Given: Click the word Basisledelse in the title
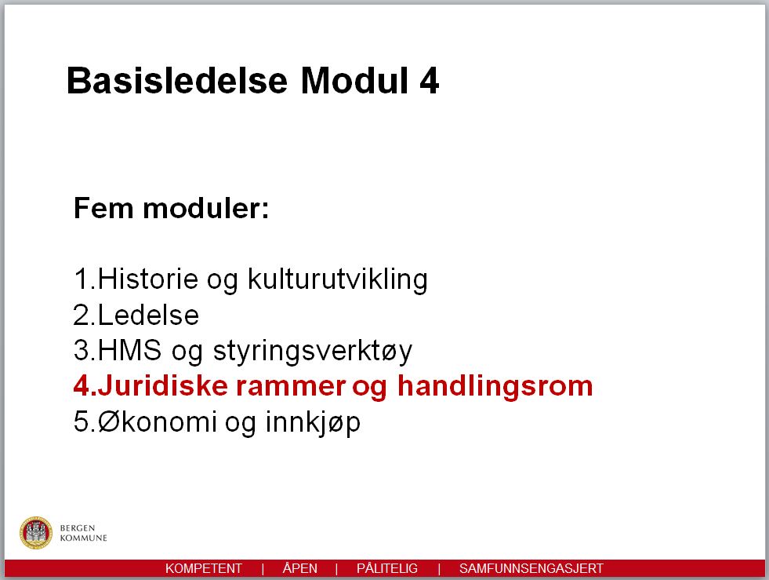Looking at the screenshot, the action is [x=176, y=80].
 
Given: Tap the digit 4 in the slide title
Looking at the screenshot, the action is [x=429, y=81].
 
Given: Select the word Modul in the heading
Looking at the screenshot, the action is [x=354, y=80].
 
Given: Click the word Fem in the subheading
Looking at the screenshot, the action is [x=103, y=208].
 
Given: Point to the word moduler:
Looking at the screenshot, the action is [x=206, y=208].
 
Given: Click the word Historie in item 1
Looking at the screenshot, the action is [x=147, y=279].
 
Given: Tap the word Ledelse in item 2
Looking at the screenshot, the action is [x=148, y=315].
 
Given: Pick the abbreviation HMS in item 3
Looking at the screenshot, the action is [x=129, y=350].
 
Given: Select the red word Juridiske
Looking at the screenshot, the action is [x=162, y=385].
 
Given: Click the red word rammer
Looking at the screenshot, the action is [x=291, y=386].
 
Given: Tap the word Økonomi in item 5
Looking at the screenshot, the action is [x=157, y=421].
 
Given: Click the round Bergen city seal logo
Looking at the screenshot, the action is [x=36, y=533].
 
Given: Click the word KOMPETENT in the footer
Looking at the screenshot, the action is [x=204, y=569].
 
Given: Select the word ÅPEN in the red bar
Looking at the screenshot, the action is [x=299, y=568].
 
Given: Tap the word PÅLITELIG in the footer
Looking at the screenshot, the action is [x=387, y=568].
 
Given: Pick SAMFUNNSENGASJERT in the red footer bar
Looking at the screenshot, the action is [x=531, y=569].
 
